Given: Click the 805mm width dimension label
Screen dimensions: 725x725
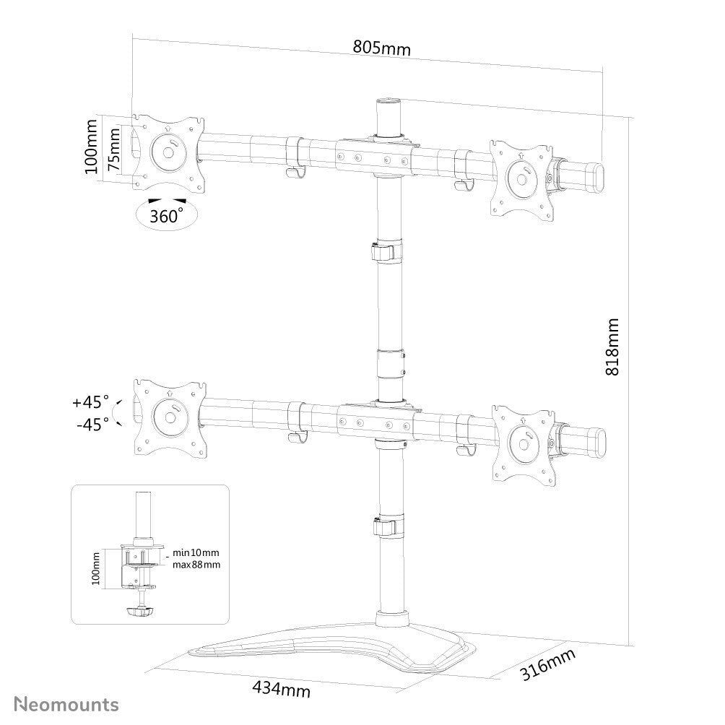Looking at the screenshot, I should point(381,48).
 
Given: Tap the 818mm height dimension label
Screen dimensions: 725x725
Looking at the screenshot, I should point(612,346).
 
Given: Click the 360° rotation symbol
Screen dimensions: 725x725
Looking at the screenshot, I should point(167,215).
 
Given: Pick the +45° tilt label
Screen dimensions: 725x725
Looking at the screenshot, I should point(90,401).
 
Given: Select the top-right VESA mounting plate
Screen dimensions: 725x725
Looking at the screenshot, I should point(522,177).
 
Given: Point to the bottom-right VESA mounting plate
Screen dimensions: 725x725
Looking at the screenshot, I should point(522,442).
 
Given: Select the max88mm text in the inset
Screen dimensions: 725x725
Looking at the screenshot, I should point(196,565).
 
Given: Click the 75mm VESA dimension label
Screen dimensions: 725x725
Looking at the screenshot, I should point(114,151).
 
